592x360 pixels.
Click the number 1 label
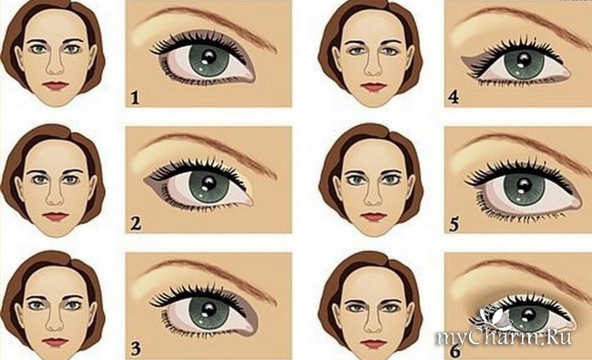click(x=135, y=98)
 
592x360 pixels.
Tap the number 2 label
click(x=136, y=223)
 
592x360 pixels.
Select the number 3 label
click(x=136, y=349)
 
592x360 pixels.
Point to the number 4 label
click(x=454, y=98)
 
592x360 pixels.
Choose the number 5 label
click(x=454, y=224)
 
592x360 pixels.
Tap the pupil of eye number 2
click(x=209, y=183)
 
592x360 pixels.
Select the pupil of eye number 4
click(x=524, y=59)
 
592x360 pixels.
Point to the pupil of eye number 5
click(x=525, y=185)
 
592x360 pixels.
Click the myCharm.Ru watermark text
click(x=504, y=337)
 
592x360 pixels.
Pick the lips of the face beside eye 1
click(x=56, y=86)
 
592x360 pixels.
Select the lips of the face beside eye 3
click(x=56, y=343)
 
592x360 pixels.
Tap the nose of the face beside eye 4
click(x=373, y=64)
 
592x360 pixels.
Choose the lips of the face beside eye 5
click(x=373, y=217)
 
